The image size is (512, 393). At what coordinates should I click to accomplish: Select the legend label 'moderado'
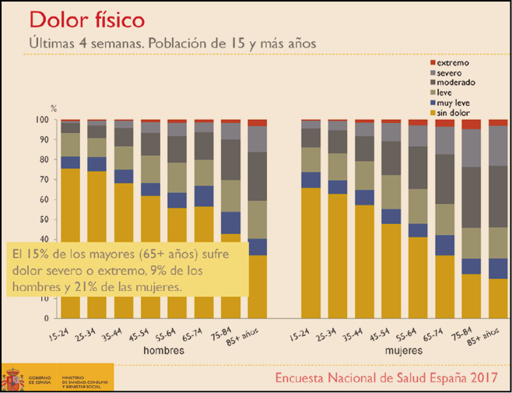(x=457, y=82)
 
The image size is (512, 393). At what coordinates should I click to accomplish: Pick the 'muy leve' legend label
(x=454, y=103)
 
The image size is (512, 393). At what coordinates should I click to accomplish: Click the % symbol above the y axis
(x=54, y=107)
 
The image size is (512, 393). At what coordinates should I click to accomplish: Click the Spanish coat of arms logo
(x=12, y=378)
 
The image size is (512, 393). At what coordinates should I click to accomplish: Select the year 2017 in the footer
(x=482, y=378)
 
